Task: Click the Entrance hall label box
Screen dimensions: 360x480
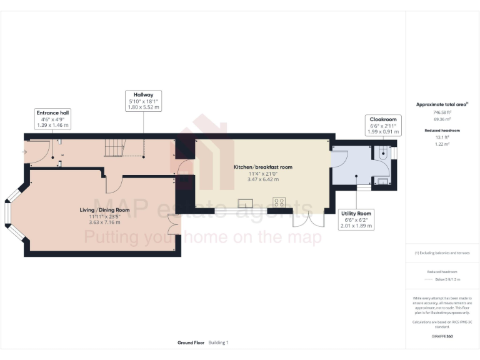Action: [x=52, y=119]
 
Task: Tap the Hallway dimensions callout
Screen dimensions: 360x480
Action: [x=142, y=101]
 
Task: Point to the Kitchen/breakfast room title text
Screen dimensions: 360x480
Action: [x=263, y=167]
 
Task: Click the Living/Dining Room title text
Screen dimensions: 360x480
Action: [x=104, y=210]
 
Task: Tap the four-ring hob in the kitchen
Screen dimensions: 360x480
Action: [x=279, y=202]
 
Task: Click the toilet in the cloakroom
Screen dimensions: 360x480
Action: [x=383, y=152]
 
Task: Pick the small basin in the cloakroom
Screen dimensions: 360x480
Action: [x=383, y=181]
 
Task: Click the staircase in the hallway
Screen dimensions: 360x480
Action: [x=115, y=147]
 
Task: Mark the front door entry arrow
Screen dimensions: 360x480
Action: [x=24, y=151]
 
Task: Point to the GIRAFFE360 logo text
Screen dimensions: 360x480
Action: [x=442, y=337]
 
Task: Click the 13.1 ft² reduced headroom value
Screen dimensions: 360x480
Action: [x=442, y=137]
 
